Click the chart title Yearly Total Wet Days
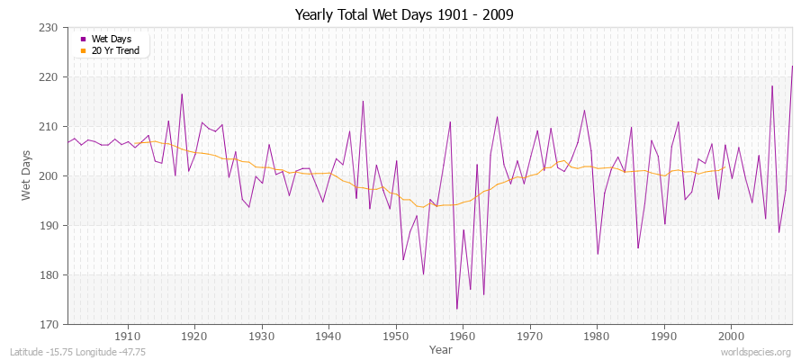pos(405,15)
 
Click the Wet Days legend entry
pos(111,39)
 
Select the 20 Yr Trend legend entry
pos(115,50)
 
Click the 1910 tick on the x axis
pos(127,336)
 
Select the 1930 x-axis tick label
pos(262,336)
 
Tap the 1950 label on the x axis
pos(396,336)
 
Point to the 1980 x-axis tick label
pos(597,336)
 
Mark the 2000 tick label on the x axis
pos(731,336)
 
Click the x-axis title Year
pos(441,349)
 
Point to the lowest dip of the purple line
pos(456,309)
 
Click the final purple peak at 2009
pos(792,66)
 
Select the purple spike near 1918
pos(182,94)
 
